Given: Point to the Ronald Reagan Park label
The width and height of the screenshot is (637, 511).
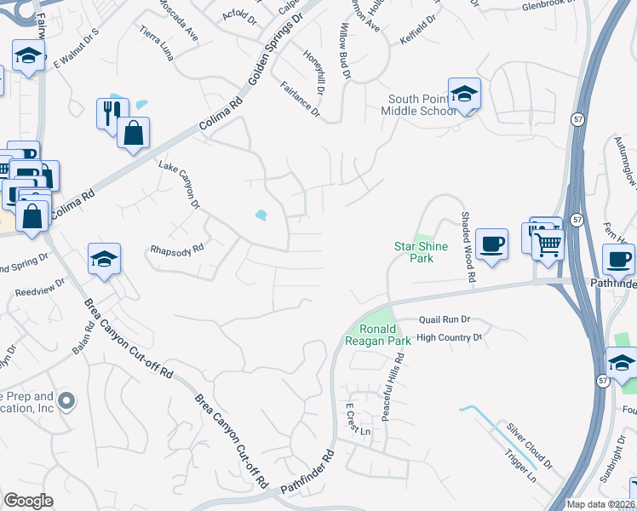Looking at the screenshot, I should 377,335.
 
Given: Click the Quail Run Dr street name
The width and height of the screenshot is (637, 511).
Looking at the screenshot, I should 444,319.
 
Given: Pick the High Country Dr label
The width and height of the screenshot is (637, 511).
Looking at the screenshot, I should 450,337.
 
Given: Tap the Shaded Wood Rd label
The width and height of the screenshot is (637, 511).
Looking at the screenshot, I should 467,248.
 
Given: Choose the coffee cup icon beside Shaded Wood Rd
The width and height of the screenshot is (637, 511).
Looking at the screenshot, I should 491,244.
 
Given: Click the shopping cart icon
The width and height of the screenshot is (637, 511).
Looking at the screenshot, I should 548,244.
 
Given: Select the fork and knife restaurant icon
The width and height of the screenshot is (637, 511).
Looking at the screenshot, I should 112,112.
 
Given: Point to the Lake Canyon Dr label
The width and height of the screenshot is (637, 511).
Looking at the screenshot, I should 178,184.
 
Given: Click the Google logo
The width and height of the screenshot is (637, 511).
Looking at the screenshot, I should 28,500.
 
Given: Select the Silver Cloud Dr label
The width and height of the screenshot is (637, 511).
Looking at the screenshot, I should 530,445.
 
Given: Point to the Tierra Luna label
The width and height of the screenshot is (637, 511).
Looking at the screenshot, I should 158,42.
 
